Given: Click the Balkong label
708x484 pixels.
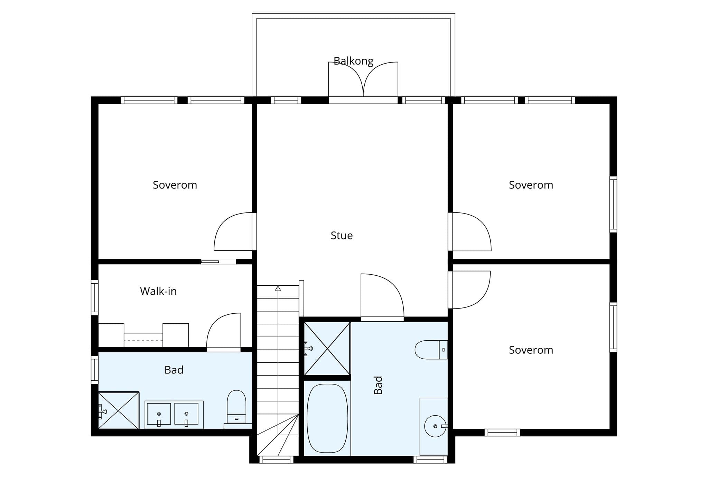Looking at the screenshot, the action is point(353,61).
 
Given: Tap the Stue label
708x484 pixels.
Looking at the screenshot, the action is point(342,236).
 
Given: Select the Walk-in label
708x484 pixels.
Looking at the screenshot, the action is point(158,291).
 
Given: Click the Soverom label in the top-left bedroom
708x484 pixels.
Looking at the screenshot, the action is point(175,185).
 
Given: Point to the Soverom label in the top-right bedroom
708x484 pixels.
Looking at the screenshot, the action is point(531,185).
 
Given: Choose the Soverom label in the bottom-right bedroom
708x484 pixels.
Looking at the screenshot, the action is point(531,350).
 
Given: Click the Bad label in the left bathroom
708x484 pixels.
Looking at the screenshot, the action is point(174,370).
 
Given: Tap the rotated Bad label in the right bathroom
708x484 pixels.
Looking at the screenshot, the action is point(378,385).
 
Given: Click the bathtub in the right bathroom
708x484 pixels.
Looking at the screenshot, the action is point(327,418).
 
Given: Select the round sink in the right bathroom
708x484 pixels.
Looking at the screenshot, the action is point(435,426).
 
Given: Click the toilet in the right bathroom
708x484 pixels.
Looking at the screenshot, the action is point(431,350).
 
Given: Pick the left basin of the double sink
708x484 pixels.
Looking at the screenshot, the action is point(159,414).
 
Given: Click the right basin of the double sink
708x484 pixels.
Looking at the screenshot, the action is point(186,414).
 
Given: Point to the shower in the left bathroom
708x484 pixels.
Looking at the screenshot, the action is point(119,410).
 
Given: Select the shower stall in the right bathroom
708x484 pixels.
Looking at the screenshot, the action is point(327,348).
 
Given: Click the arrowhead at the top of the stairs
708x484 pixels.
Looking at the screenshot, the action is point(278,288).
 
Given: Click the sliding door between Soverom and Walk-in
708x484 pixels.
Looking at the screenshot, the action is point(218,262).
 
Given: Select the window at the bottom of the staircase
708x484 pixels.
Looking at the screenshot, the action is point(276,459).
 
